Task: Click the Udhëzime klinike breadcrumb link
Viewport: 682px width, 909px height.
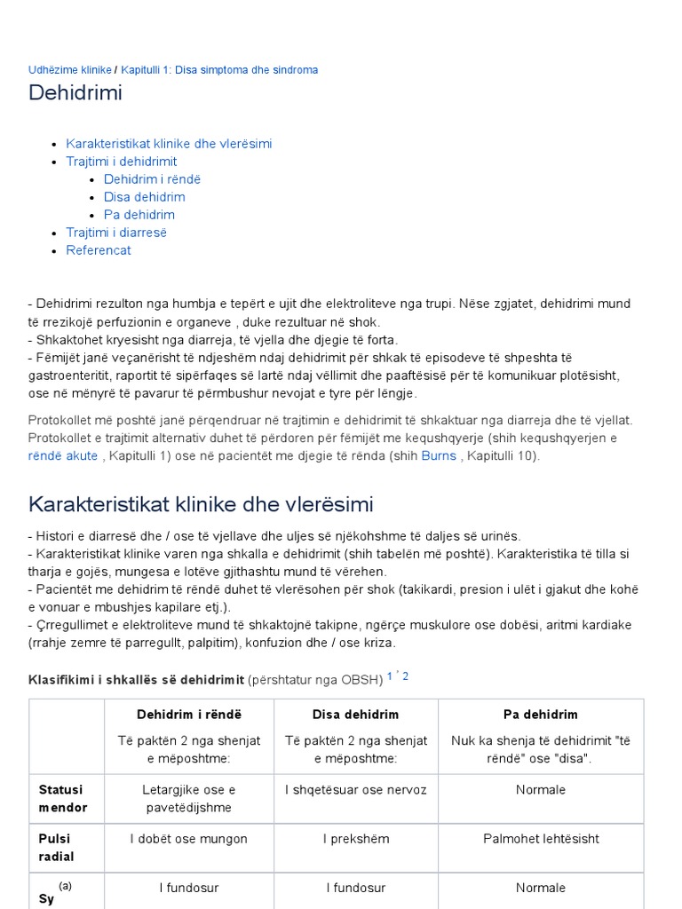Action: click(x=70, y=69)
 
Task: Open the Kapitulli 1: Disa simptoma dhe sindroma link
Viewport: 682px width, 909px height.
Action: click(x=219, y=69)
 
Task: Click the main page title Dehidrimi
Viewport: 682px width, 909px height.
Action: click(x=75, y=92)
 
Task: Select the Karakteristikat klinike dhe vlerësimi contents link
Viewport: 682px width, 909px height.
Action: click(x=169, y=144)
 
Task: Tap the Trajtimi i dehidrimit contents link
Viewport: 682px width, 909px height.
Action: click(x=122, y=162)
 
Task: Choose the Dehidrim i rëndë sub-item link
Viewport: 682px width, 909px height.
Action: click(x=152, y=179)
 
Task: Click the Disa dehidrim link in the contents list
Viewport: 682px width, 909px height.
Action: click(x=144, y=197)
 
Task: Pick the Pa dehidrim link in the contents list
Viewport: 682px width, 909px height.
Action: click(x=139, y=215)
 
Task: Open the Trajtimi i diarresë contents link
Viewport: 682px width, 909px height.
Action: click(x=116, y=233)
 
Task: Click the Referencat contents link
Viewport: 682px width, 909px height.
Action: click(x=99, y=250)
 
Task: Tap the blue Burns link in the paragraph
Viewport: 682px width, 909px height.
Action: click(x=440, y=455)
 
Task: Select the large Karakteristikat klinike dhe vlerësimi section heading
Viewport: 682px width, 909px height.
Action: click(x=201, y=504)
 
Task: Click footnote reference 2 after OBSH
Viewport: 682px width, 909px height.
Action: click(x=406, y=676)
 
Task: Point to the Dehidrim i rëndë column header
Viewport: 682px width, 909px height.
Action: click(x=189, y=715)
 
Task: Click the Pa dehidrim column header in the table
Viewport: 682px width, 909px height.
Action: click(x=540, y=715)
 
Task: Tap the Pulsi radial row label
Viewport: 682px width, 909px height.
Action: click(x=56, y=848)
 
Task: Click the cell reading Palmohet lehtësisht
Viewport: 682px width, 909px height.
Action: click(x=541, y=839)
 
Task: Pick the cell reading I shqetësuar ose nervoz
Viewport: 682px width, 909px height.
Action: click(x=355, y=790)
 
